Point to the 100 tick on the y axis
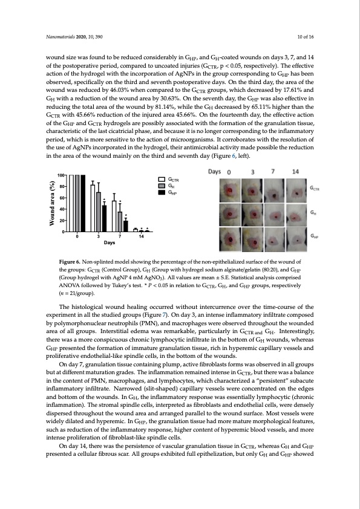pyautogui.click(x=61, y=175)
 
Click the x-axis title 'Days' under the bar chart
pyautogui.click(x=109, y=242)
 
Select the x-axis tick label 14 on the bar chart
pyautogui.click(x=142, y=236)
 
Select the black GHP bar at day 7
pyautogui.click(x=126, y=225)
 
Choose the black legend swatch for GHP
pyautogui.click(x=162, y=192)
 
